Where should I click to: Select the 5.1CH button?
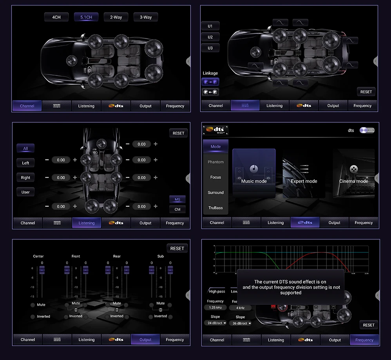86,17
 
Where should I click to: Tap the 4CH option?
56,17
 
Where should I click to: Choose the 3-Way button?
146,17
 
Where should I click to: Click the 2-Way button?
116,17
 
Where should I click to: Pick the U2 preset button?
210,37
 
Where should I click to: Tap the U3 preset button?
210,48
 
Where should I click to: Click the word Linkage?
210,73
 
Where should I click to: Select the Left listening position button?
25,163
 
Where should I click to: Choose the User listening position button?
25,192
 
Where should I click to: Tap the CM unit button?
177,209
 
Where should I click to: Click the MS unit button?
177,200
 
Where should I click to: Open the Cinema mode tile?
353,173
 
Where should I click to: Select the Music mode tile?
254,173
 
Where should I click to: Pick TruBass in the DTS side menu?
215,208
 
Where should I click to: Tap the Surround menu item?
215,193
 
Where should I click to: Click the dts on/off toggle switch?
367,130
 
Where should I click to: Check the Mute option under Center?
33,305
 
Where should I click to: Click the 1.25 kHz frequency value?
215,308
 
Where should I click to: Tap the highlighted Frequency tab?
364,340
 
